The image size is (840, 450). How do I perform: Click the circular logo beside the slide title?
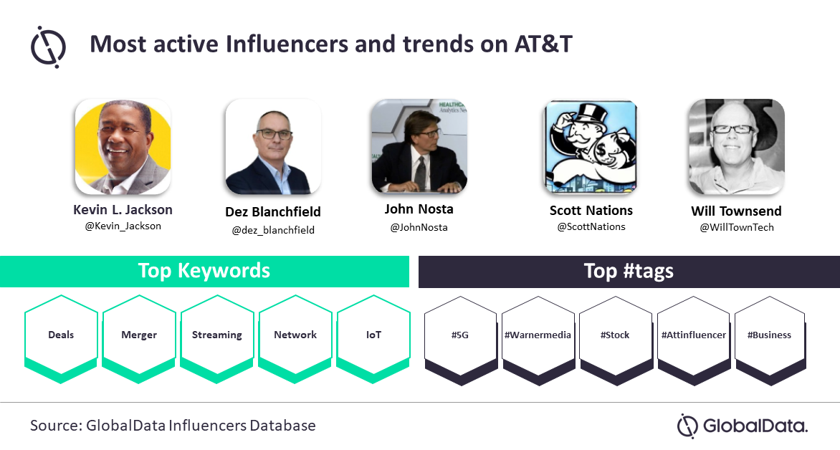click(x=48, y=47)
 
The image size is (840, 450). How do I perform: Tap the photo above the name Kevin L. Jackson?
click(x=123, y=146)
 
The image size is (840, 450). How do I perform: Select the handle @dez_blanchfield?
click(x=273, y=230)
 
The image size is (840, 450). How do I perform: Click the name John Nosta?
click(x=419, y=209)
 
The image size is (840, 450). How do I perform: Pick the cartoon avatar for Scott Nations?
click(x=591, y=148)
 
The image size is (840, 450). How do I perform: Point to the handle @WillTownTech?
click(x=737, y=227)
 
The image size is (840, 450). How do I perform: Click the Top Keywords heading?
click(x=204, y=271)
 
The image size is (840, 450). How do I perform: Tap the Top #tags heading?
click(x=629, y=272)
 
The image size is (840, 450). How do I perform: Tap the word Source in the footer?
click(x=54, y=426)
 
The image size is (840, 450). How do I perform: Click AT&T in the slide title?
click(x=544, y=44)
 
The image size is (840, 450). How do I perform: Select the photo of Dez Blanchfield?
click(x=273, y=147)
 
